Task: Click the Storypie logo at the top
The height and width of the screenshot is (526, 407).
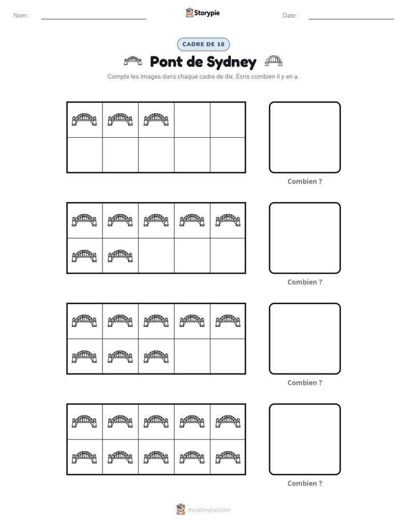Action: [203, 13]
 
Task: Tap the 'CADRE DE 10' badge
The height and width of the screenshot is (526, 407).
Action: [203, 44]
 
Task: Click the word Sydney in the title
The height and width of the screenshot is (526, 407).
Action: [231, 62]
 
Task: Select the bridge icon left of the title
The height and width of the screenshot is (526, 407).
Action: [133, 61]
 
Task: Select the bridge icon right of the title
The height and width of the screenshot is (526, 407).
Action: [274, 61]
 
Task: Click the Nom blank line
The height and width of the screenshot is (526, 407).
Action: [93, 19]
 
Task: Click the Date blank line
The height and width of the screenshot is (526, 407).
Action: [351, 19]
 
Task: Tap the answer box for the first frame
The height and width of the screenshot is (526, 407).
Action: [304, 102]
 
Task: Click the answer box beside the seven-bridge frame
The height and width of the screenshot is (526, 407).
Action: [304, 203]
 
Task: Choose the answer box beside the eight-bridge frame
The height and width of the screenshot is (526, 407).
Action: [304, 303]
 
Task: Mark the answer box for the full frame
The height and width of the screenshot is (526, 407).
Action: [304, 404]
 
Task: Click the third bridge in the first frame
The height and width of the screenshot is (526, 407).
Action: [156, 120]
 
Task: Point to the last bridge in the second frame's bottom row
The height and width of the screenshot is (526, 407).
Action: [120, 256]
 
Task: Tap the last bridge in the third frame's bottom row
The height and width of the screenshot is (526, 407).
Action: [156, 356]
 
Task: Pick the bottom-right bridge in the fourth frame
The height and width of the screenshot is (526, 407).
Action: [228, 457]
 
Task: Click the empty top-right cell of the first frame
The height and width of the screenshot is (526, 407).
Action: [227, 120]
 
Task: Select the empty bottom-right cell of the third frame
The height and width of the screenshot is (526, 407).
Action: [227, 356]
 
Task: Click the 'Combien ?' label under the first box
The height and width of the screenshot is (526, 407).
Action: [304, 182]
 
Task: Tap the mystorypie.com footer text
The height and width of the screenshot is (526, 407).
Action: [209, 510]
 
